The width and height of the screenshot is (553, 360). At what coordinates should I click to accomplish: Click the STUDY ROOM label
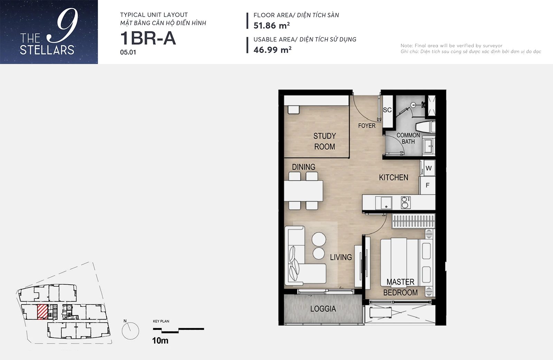325,141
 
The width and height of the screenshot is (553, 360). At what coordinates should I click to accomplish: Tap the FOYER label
367,126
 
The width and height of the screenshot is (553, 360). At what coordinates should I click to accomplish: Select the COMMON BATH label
408,138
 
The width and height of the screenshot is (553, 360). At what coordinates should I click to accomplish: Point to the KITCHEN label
394,177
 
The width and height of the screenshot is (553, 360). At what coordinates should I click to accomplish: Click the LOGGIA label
323,308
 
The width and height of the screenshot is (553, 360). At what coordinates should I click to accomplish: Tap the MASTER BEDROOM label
401,287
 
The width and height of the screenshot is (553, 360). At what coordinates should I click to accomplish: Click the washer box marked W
428,168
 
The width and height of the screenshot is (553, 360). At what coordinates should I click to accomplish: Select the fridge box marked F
427,185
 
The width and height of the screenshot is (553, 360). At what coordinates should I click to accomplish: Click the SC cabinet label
387,110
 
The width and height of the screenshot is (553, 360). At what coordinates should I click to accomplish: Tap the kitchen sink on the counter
383,203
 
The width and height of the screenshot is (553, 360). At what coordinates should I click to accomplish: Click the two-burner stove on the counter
406,203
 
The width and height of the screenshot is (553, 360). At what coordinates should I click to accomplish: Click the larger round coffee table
319,239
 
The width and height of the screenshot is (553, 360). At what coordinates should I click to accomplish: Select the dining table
303,191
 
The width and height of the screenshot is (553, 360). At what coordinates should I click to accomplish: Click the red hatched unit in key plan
42,312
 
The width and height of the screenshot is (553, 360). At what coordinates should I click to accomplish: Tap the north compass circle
130,331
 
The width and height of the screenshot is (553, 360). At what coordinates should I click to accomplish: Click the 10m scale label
160,341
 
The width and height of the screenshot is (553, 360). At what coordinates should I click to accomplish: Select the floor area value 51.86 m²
272,26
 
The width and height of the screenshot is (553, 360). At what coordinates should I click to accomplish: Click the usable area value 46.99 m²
272,50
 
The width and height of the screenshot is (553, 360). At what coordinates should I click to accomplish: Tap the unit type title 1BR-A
148,38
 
